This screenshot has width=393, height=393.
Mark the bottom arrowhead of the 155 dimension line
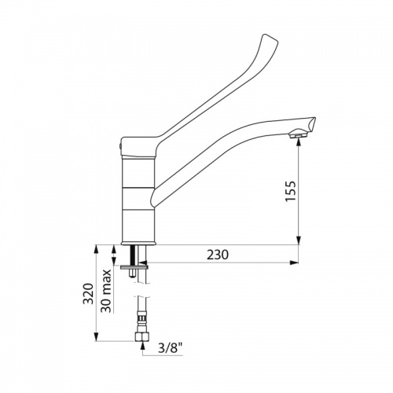coord(298,241)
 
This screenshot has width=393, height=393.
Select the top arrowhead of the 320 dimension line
coord(97,248)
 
